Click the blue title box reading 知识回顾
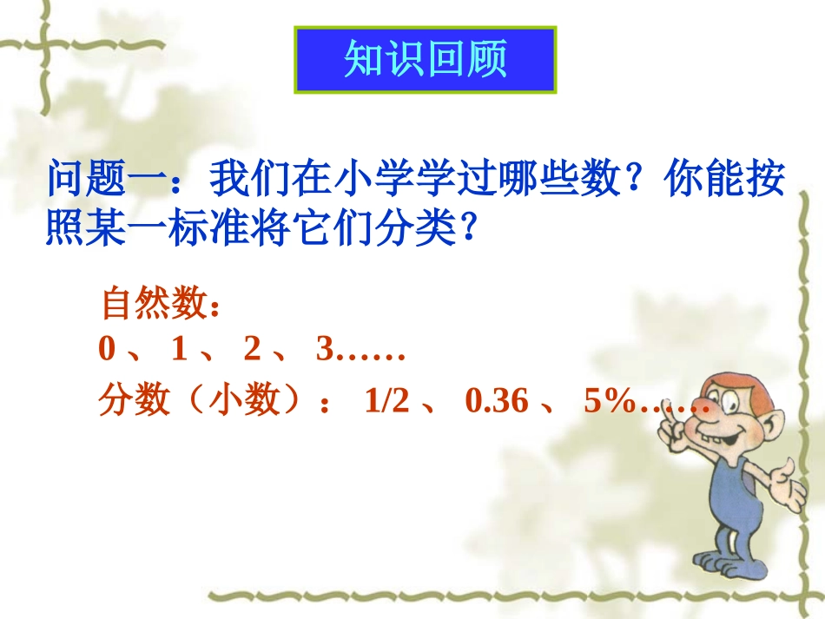click(x=426, y=59)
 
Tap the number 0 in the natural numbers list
click(x=107, y=350)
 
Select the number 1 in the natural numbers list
click(x=180, y=350)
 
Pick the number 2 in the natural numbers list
click(x=252, y=350)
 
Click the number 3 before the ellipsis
click(x=325, y=350)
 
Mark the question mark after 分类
click(x=469, y=229)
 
